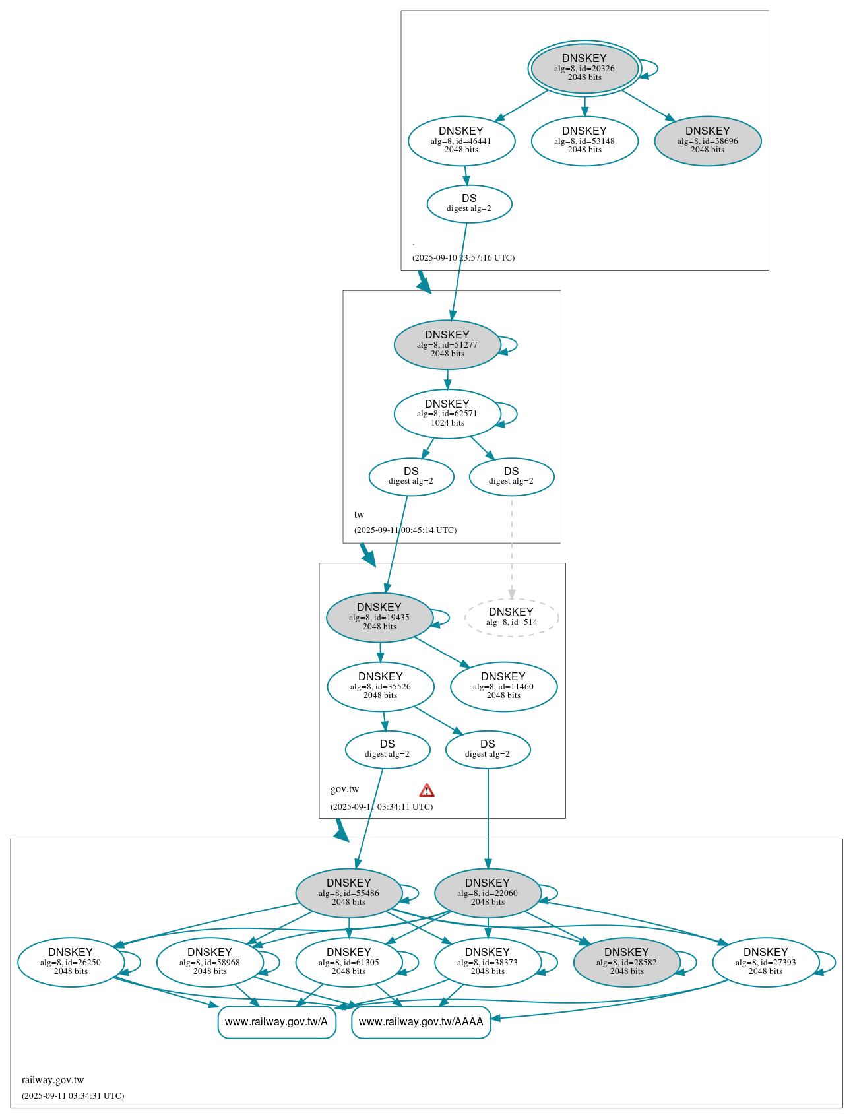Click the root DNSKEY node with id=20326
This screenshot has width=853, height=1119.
click(584, 68)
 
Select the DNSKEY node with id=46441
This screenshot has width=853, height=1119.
click(461, 141)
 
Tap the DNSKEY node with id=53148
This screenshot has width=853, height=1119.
click(584, 141)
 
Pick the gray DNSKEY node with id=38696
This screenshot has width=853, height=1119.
click(707, 141)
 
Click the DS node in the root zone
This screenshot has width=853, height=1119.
click(469, 204)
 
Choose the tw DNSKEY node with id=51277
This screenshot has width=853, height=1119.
click(447, 344)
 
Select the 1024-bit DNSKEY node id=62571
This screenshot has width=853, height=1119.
click(447, 414)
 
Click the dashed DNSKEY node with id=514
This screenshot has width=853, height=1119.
click(511, 618)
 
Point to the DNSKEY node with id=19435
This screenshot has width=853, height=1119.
click(379, 618)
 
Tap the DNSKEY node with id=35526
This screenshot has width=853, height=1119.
click(381, 686)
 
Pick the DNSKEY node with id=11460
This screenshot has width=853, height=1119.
click(503, 686)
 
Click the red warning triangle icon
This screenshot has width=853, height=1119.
click(427, 790)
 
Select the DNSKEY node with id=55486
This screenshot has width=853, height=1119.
click(349, 893)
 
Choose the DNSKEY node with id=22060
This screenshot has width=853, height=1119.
click(488, 893)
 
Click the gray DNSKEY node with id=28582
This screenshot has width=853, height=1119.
click(627, 962)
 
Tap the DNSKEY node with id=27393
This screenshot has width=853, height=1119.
click(765, 962)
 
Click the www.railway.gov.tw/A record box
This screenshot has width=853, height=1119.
click(276, 1022)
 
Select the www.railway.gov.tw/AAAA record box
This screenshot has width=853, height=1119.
click(421, 1022)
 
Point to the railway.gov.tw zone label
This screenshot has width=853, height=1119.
click(53, 1080)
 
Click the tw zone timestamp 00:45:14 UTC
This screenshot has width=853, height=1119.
click(405, 530)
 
